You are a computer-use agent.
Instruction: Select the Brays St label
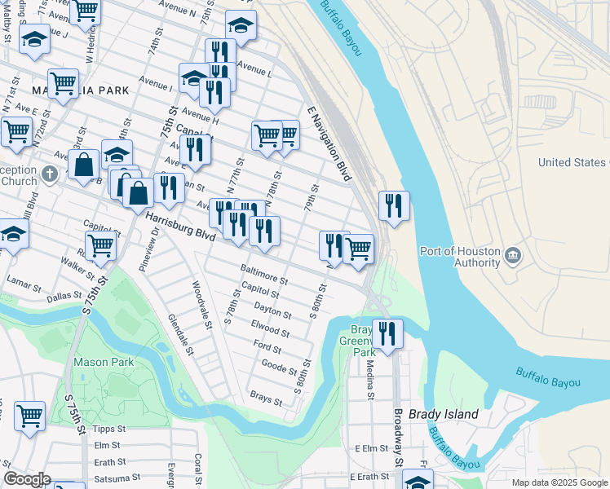coord(266,399)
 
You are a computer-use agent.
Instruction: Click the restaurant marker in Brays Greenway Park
coord(387,333)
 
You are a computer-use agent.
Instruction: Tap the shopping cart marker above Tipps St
coord(30,416)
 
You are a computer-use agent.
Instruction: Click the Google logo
coord(26,479)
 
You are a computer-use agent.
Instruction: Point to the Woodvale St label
coord(201,305)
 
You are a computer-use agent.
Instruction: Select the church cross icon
coord(50,173)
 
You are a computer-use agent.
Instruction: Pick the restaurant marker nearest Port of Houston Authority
coord(394,207)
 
